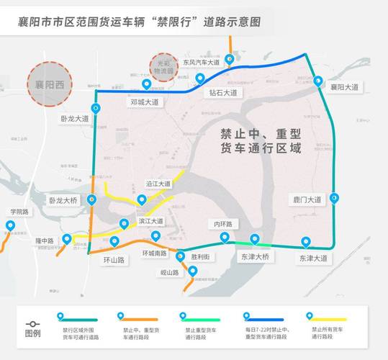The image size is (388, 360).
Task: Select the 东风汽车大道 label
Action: tap(201, 63)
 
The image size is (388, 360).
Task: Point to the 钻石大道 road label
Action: tap(223, 92)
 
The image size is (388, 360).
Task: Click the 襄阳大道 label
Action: tap(343, 87)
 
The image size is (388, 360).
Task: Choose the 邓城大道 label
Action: tap(144, 102)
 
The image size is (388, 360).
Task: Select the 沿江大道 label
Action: tap(158, 184)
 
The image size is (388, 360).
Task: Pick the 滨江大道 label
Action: tap(151, 221)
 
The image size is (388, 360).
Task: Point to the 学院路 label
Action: tap(19, 212)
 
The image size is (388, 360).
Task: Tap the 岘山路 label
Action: tap(170, 273)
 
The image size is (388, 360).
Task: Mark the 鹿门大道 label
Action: tap(307, 199)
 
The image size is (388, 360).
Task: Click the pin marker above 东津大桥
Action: tap(254, 239)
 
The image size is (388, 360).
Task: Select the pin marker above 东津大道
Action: tap(306, 243)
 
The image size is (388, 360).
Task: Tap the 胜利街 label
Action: tap(201, 256)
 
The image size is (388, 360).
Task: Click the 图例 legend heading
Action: tap(32, 334)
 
